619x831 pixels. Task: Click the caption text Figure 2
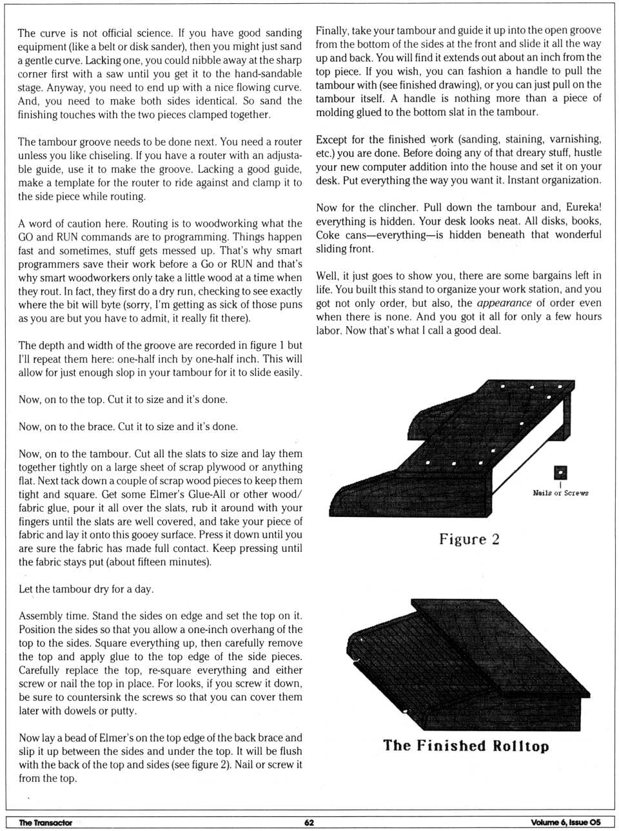[469, 540]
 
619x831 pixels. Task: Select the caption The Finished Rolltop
[466, 746]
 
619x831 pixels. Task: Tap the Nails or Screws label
[560, 493]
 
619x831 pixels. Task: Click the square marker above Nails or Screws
[560, 473]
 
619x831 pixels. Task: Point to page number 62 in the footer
[309, 822]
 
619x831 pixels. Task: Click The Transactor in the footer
[45, 822]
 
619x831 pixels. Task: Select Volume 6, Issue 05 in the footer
[565, 822]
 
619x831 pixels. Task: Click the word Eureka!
[584, 208]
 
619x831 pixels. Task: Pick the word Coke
[328, 235]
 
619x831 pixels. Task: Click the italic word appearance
[504, 303]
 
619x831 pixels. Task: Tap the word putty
[123, 711]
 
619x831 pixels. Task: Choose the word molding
[335, 112]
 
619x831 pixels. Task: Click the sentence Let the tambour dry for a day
[86, 589]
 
